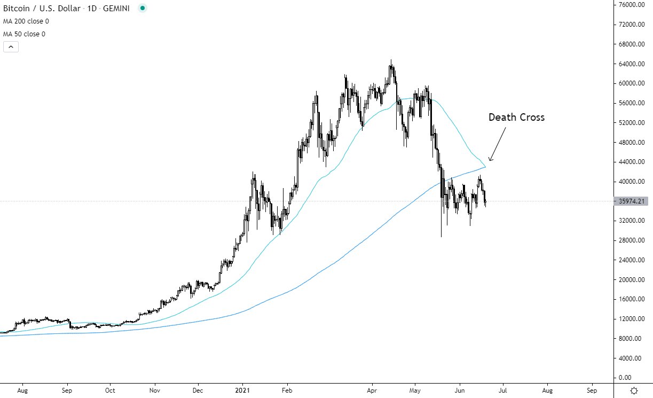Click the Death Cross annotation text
516,117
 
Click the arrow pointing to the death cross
497,144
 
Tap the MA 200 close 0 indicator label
26,21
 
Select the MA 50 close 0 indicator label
24,34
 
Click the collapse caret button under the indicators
11,46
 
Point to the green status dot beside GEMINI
143,8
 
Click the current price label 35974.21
631,201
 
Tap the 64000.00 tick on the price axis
632,64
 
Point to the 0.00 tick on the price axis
625,378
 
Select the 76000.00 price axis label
632,5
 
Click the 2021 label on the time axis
242,391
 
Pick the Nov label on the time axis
154,391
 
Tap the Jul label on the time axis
503,391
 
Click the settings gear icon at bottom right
634,391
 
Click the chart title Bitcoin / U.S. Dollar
42,9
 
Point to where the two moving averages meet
485,167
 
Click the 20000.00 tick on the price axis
632,279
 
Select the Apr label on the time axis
372,391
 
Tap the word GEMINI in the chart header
116,9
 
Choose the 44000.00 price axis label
632,162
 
